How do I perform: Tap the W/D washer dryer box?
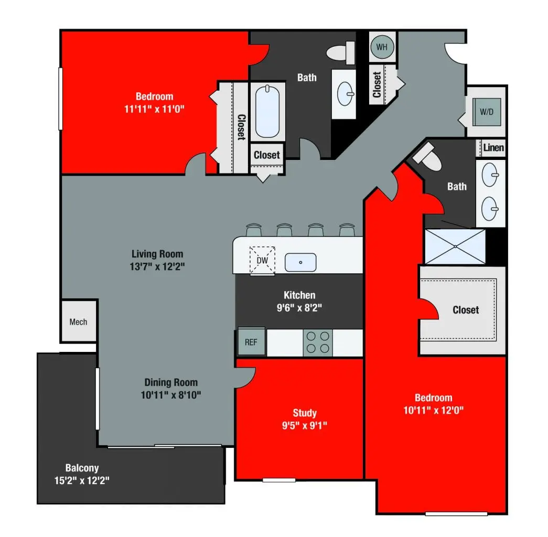[x=487, y=112]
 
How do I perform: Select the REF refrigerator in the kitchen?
[x=251, y=342]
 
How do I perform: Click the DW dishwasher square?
[x=262, y=260]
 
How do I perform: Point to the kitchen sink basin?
[x=300, y=262]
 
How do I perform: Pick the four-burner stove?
[x=318, y=342]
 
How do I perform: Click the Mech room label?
[x=78, y=321]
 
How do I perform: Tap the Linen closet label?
[x=493, y=147]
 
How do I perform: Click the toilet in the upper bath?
[x=341, y=52]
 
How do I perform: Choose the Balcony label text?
[x=82, y=467]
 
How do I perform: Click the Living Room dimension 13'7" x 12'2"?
[x=157, y=266]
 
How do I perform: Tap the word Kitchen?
[x=299, y=295]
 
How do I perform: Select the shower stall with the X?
[x=455, y=246]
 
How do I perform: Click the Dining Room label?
[x=171, y=382]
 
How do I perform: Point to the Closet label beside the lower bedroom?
[x=466, y=310]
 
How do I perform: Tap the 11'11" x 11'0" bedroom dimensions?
[x=154, y=109]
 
